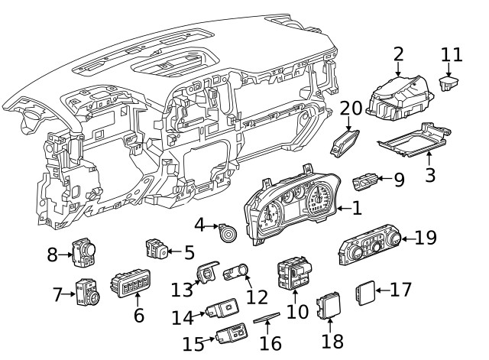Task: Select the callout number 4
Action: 201,225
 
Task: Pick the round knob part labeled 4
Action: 227,232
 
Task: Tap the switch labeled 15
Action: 232,332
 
